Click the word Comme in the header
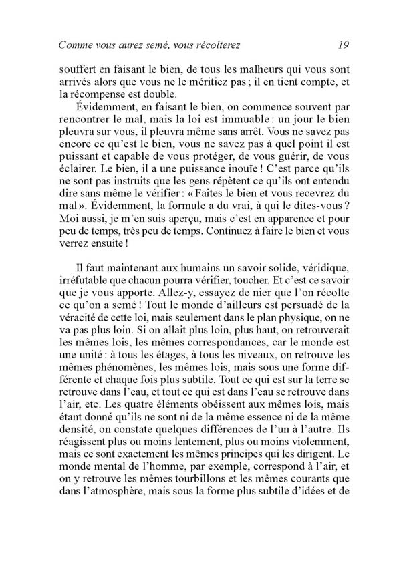click(x=76, y=45)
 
